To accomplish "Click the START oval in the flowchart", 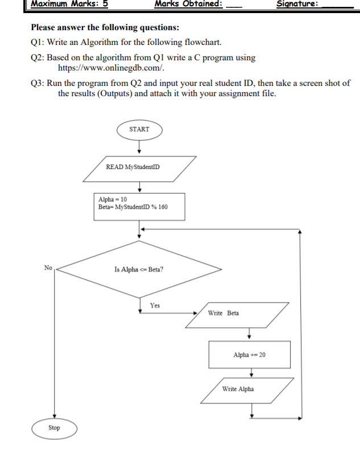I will [139, 129].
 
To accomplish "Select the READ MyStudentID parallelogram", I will [139, 167].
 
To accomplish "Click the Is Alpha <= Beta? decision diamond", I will [139, 269].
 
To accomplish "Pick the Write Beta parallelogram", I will [237, 313].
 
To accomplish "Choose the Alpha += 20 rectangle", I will [249, 354].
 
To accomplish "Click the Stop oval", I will [54, 428].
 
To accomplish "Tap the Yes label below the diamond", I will [155, 306].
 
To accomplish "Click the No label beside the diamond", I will [48, 267].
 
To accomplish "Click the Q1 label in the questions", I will [37, 42].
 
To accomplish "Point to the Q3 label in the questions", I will [37, 83].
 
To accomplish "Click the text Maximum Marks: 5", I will [69, 4].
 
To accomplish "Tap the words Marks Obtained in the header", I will [188, 4].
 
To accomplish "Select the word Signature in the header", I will [296, 4].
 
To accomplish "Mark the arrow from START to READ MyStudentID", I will [139, 146].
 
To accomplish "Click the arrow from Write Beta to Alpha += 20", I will [249, 333].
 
